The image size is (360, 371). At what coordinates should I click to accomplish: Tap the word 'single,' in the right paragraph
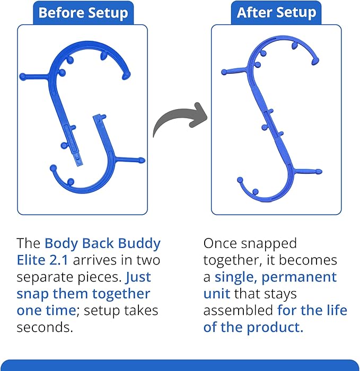[x=238, y=277]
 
